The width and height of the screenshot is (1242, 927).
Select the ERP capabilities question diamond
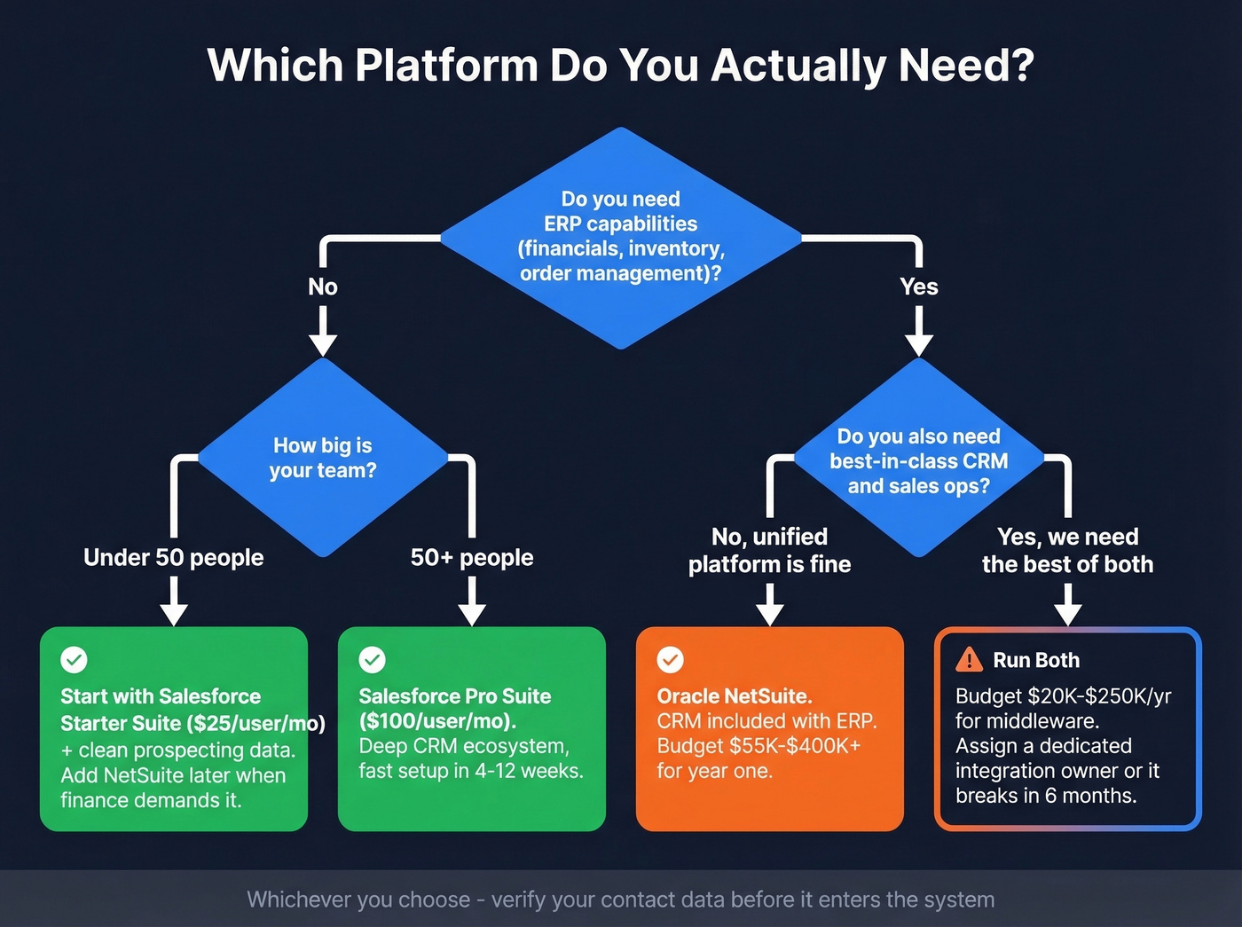pyautogui.click(x=621, y=237)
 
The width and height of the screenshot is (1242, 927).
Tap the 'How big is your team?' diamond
pyautogui.click(x=323, y=458)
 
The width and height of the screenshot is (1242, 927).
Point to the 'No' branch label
pyautogui.click(x=323, y=287)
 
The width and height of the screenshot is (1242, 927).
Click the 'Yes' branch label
pyautogui.click(x=918, y=287)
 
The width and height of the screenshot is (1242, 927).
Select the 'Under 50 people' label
pyautogui.click(x=174, y=557)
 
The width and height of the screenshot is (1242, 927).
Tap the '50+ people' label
pyautogui.click(x=472, y=557)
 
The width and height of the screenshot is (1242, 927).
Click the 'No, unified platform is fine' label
pyautogui.click(x=769, y=550)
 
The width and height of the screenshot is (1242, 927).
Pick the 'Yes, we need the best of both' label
pyautogui.click(x=1067, y=550)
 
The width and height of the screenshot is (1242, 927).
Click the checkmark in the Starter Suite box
pyautogui.click(x=74, y=660)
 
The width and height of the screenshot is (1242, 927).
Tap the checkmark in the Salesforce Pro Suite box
pyautogui.click(x=372, y=660)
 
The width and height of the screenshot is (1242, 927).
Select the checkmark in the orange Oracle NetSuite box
pyautogui.click(x=670, y=660)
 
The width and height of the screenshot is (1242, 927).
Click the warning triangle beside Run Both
pyautogui.click(x=969, y=659)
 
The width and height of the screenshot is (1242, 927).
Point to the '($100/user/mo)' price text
pyautogui.click(x=437, y=721)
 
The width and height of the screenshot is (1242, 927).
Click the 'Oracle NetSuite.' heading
pyautogui.click(x=735, y=696)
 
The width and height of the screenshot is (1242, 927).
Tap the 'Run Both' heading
pyautogui.click(x=1036, y=660)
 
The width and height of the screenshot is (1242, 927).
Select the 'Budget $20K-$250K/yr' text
pyautogui.click(x=1063, y=696)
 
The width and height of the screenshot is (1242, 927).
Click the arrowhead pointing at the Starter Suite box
pyautogui.click(x=174, y=614)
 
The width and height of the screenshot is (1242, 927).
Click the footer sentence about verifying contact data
pyautogui.click(x=621, y=900)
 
